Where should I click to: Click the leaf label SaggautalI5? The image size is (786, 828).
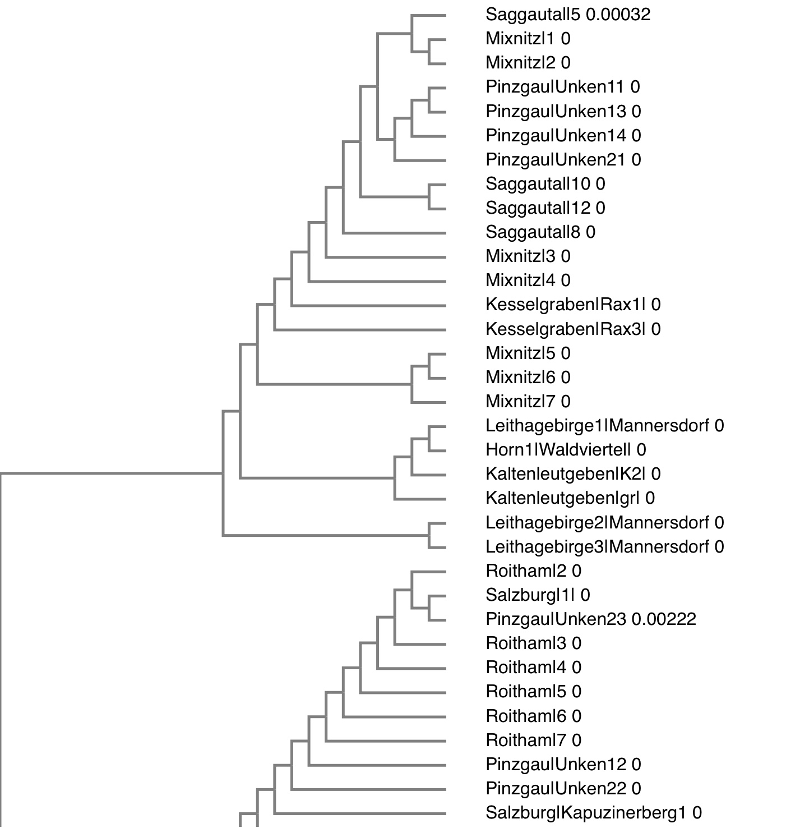[533, 15]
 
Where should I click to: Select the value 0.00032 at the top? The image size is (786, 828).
[618, 15]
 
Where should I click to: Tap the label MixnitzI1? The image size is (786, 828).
[520, 39]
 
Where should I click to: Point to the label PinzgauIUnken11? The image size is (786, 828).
[554, 87]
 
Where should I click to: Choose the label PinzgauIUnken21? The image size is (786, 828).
[555, 160]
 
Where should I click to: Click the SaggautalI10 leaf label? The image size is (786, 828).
[538, 184]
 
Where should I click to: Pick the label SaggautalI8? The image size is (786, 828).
[533, 232]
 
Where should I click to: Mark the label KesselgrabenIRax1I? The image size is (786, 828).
[566, 305]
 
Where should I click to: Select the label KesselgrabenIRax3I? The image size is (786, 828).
[566, 329]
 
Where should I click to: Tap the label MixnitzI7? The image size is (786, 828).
[520, 402]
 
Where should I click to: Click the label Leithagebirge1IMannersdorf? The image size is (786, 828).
[597, 426]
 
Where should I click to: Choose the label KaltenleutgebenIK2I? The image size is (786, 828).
[566, 474]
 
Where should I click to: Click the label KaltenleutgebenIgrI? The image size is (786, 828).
[562, 498]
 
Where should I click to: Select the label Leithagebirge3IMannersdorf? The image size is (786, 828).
[597, 547]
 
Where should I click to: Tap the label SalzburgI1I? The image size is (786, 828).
[530, 595]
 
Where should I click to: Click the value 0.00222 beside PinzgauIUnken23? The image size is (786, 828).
[664, 619]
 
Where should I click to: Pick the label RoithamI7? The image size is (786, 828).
[526, 740]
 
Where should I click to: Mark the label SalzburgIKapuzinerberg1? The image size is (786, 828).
[586, 813]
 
